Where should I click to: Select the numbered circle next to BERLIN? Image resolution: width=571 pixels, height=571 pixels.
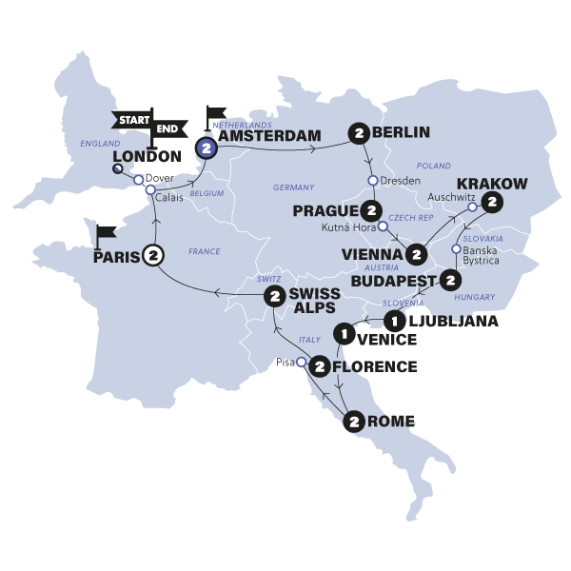[x=359, y=132]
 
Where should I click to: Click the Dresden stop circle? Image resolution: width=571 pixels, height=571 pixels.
[x=371, y=178]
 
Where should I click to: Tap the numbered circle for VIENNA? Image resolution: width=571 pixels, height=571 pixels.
[x=415, y=254]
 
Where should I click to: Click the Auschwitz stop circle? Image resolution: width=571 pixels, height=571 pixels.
[x=470, y=203]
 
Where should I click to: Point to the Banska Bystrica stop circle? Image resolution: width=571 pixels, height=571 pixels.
[x=456, y=250]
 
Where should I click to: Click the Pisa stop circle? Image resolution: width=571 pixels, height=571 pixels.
[x=301, y=363]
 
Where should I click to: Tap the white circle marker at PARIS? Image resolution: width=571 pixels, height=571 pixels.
[x=153, y=255]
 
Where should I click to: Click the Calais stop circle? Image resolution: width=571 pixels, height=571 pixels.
[x=150, y=189]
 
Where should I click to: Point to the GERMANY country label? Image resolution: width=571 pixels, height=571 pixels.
[x=292, y=187]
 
